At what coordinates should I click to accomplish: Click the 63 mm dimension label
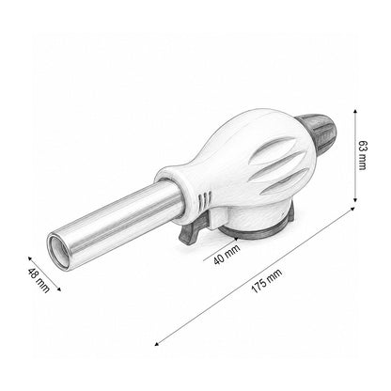tap(362, 155)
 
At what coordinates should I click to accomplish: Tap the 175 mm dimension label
tap(267, 281)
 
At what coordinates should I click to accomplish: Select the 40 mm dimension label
tap(227, 255)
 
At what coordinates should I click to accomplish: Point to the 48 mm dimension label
tap(39, 280)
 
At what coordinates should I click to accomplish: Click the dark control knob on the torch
tap(318, 132)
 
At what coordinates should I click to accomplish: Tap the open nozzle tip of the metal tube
tap(60, 251)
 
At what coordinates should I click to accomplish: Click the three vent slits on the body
tap(204, 200)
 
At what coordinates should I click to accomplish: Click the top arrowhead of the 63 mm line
tap(354, 111)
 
